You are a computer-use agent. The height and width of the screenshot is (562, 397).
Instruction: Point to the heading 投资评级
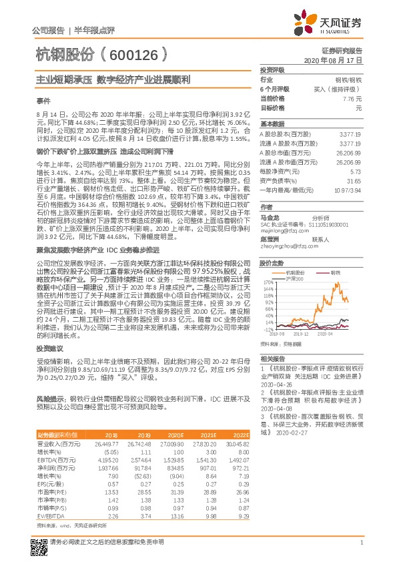tap(272, 69)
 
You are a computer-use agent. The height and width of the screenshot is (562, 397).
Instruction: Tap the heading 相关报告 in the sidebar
tap(272, 358)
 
